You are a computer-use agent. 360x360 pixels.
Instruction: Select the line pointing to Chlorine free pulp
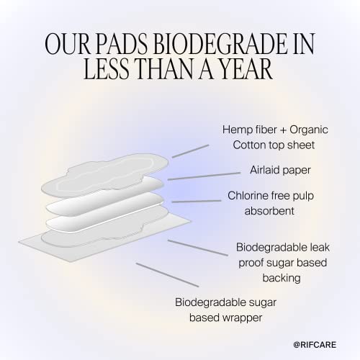click(196, 201)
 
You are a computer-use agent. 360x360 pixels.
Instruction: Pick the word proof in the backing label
click(253, 262)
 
